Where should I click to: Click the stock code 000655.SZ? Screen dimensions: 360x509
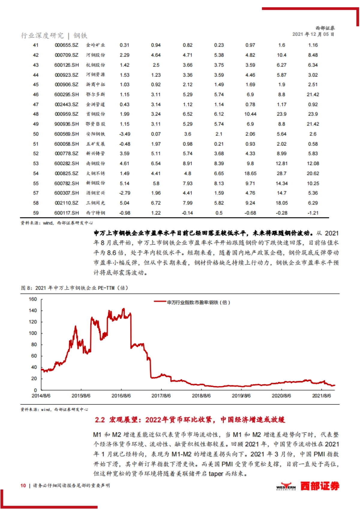click(67, 45)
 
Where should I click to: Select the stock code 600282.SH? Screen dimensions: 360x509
click(67, 164)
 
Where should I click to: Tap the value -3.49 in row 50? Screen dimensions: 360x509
click(124, 134)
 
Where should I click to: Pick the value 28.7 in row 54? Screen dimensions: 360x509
click(281, 174)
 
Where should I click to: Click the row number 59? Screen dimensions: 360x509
click(36, 213)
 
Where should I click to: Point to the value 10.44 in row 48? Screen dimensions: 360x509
click(250, 114)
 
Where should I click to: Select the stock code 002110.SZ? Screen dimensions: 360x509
click(67, 203)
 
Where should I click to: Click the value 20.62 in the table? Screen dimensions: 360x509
click(313, 174)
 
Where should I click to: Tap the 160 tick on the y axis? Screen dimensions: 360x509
click(33, 299)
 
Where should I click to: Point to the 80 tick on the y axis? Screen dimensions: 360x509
click(34, 345)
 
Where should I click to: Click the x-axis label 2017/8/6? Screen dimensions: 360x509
click(161, 396)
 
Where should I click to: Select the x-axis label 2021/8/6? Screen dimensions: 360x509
click(322, 396)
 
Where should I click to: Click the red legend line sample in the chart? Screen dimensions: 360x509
click(160, 302)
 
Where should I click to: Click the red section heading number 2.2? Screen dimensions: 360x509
click(100, 420)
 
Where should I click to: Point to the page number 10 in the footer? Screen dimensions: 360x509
click(23, 486)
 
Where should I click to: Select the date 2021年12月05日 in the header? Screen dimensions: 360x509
click(313, 34)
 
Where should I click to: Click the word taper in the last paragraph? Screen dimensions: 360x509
click(216, 474)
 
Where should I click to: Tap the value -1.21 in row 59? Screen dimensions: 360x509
click(313, 213)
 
